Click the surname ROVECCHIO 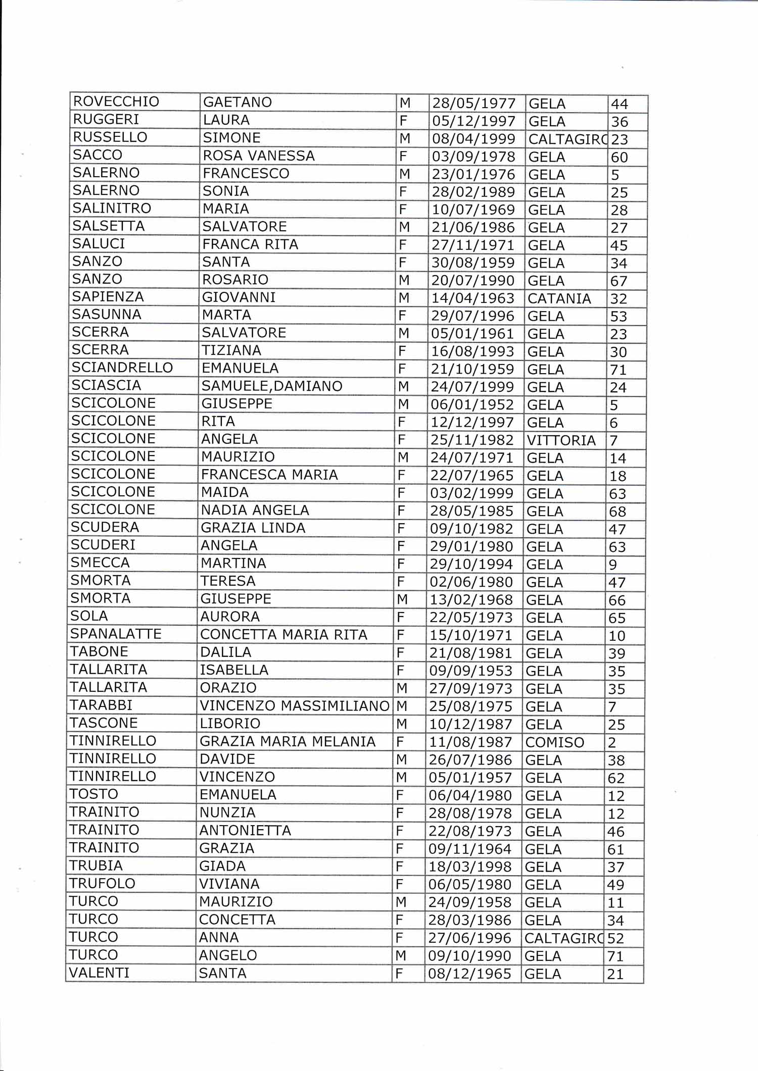point(116,101)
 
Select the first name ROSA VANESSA point(258,156)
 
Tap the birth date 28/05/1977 point(473,104)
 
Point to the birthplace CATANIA point(559,298)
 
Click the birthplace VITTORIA point(561,440)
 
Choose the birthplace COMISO point(554,742)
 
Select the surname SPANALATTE point(116,634)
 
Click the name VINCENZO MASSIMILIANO point(294,705)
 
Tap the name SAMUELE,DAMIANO point(271,386)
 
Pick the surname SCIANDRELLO point(122,368)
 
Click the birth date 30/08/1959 point(472,263)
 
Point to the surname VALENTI point(99,973)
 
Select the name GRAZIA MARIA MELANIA point(287,741)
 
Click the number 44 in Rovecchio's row point(619,104)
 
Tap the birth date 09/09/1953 point(470,671)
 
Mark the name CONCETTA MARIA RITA point(283,634)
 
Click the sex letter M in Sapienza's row point(404,298)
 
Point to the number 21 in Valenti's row point(615,974)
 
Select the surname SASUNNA point(106,315)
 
